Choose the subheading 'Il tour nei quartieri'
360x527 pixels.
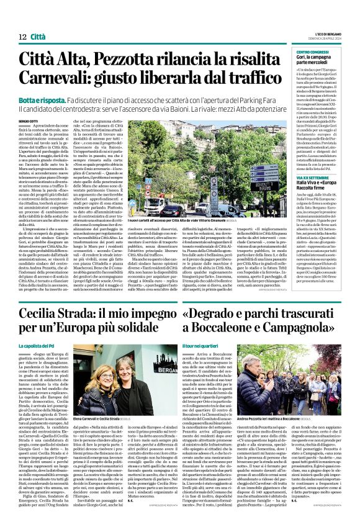pos(205,345)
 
